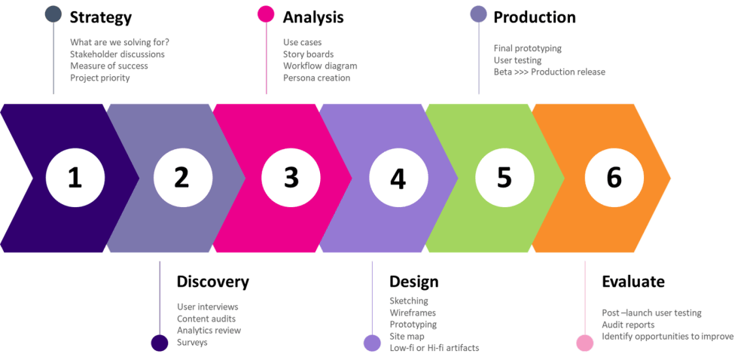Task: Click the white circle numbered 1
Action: pyautogui.click(x=75, y=178)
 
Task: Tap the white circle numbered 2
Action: pyautogui.click(x=181, y=178)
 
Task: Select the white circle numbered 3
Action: pyautogui.click(x=291, y=178)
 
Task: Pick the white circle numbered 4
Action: pyautogui.click(x=398, y=178)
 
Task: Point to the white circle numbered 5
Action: pyautogui.click(x=505, y=178)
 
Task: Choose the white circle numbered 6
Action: pyautogui.click(x=614, y=178)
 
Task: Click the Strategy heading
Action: pyautogui.click(x=101, y=17)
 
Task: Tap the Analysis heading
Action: pyautogui.click(x=314, y=17)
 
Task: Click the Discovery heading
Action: pyautogui.click(x=212, y=282)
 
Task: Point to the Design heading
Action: pyautogui.click(x=413, y=282)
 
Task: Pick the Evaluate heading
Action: pyautogui.click(x=633, y=282)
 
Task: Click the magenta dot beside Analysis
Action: pyautogui.click(x=266, y=14)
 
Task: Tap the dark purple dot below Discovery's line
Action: pyautogui.click(x=159, y=343)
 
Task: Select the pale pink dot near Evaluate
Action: pyautogui.click(x=585, y=343)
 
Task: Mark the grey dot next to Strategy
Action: pyautogui.click(x=53, y=14)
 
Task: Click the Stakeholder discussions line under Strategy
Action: pyautogui.click(x=117, y=54)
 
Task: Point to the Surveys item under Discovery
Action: pyautogui.click(x=192, y=343)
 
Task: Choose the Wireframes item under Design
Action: pyautogui.click(x=413, y=313)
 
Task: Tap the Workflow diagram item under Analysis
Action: pyautogui.click(x=320, y=66)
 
